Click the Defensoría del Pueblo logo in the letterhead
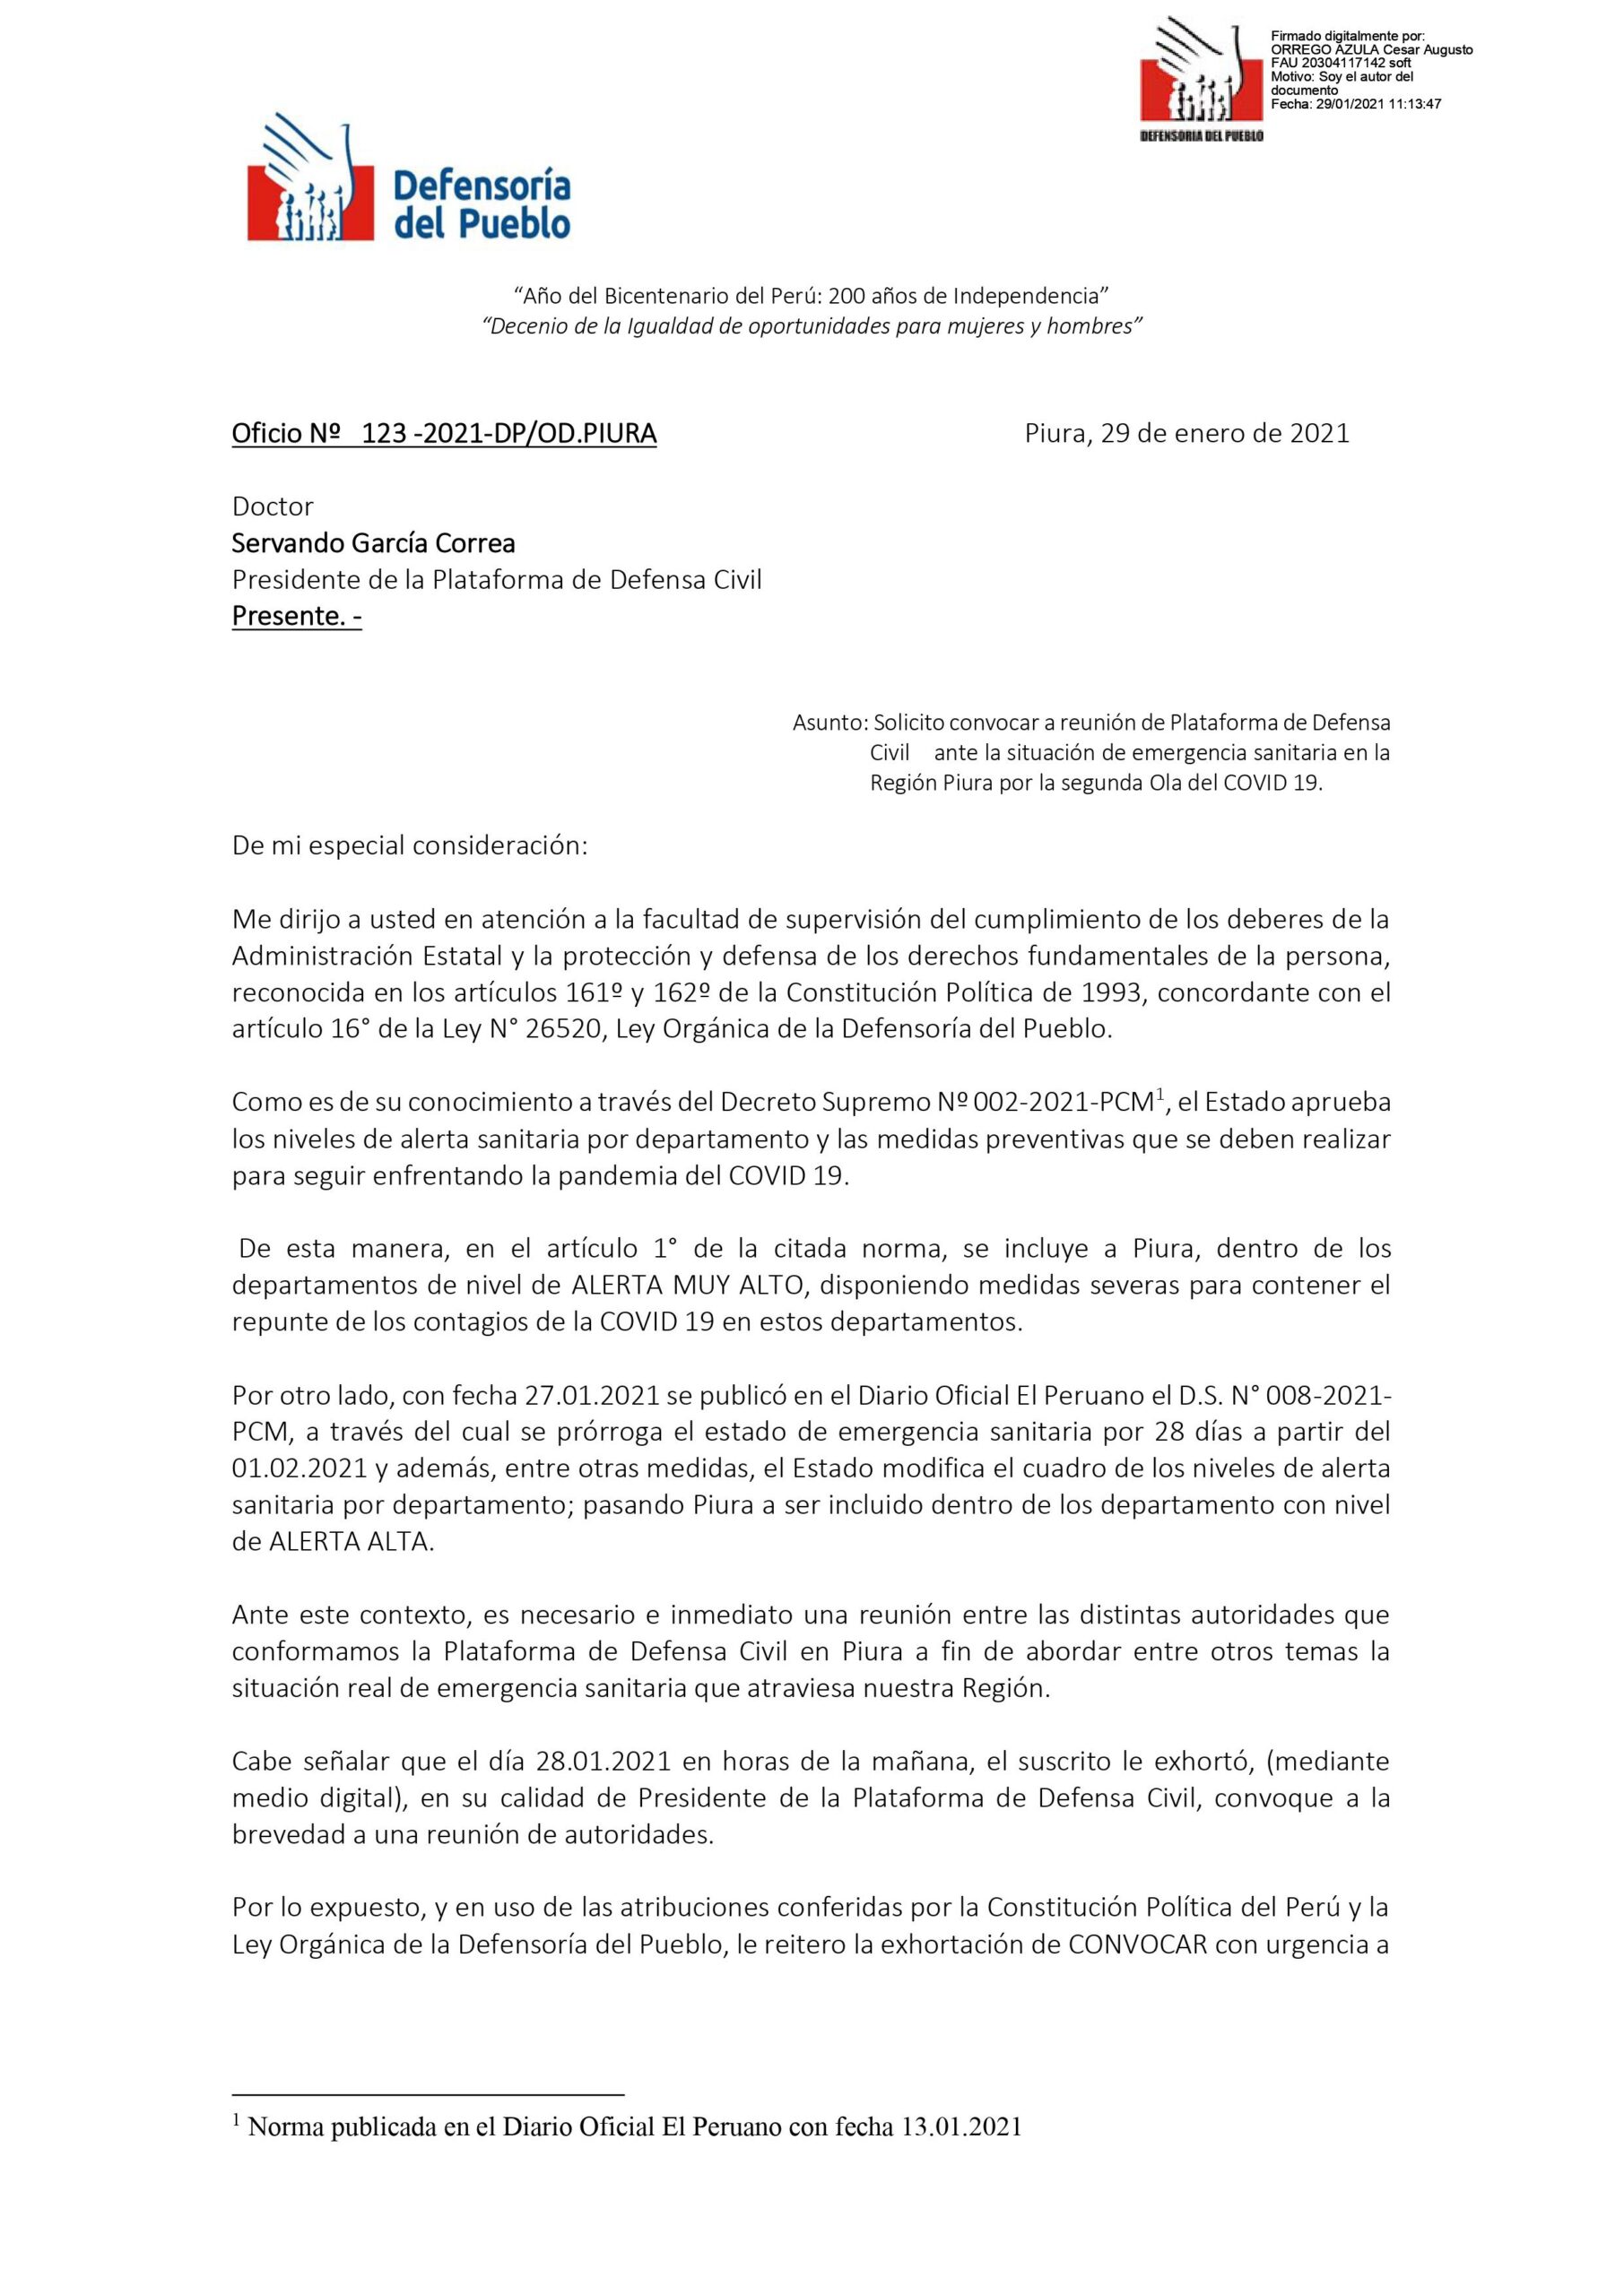(408, 185)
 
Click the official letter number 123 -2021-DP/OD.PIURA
(508, 434)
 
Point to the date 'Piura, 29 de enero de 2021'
(1187, 434)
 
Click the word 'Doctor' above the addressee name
(272, 507)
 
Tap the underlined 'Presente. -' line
(296, 616)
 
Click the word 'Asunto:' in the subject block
(830, 722)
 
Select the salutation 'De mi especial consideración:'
(410, 845)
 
